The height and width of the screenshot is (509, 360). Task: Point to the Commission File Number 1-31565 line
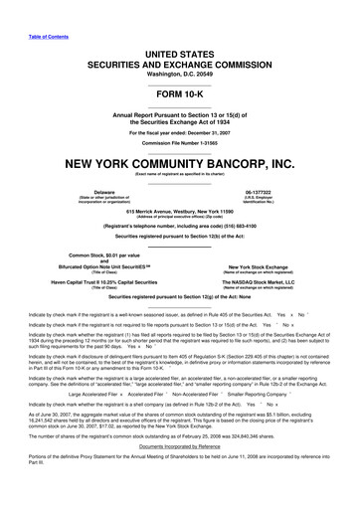click(x=180, y=142)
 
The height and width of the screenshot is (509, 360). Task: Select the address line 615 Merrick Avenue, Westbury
click(x=180, y=212)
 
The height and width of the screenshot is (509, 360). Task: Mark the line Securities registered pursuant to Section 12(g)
click(x=180, y=296)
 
